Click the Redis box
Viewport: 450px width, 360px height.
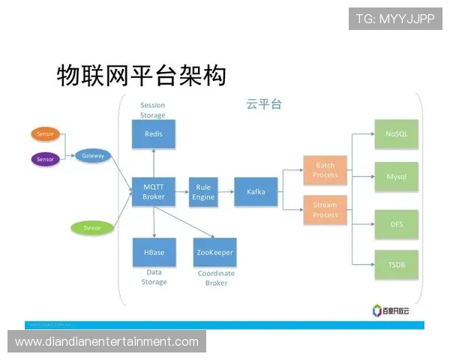coord(154,134)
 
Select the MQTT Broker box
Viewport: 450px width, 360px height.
coord(154,192)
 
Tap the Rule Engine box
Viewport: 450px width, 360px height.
coord(203,192)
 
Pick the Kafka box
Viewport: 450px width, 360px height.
coord(256,192)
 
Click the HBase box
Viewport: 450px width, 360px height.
coord(154,253)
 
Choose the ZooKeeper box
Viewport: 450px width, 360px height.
coord(214,253)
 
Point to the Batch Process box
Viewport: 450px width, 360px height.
coord(325,170)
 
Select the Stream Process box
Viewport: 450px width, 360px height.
coord(325,210)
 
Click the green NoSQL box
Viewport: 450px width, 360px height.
coord(396,133)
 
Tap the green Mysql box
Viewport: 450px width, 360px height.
coord(396,177)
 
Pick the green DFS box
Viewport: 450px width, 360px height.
coord(396,223)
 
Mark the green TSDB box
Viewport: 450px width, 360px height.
coord(396,265)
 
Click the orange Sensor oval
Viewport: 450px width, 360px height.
coord(46,134)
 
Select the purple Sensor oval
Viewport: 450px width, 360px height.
coord(46,159)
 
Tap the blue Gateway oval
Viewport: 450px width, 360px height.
coord(93,155)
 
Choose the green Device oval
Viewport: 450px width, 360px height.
coord(91,227)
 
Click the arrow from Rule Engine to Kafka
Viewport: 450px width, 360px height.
coord(226,192)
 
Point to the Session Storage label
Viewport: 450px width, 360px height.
coord(152,110)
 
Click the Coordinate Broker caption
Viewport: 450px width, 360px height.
coord(216,278)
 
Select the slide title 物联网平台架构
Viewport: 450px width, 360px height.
coord(141,74)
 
